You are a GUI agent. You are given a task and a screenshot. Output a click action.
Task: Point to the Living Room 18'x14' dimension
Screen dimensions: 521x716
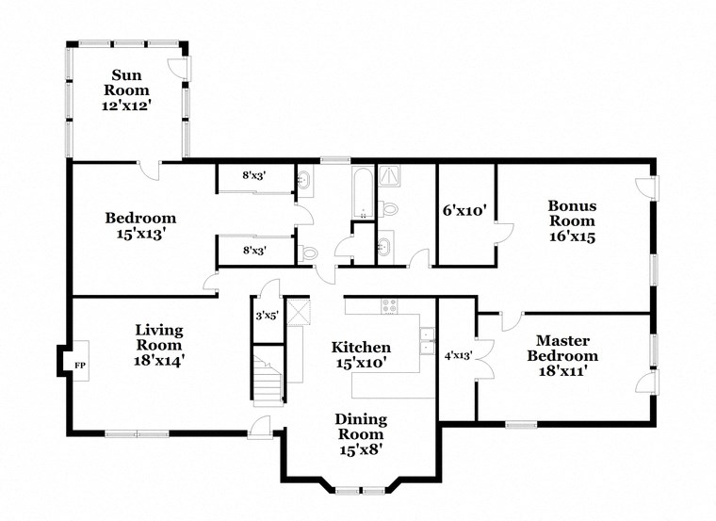pyautogui.click(x=158, y=359)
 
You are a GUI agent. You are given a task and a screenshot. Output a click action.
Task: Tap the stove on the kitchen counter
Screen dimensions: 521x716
pyautogui.click(x=388, y=305)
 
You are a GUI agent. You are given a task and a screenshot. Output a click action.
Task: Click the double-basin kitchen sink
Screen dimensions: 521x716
pyautogui.click(x=427, y=338)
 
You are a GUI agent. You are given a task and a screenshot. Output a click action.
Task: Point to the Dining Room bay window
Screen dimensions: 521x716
pyautogui.click(x=361, y=490)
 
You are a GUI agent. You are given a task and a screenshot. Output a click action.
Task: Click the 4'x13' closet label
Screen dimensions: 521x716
pyautogui.click(x=458, y=355)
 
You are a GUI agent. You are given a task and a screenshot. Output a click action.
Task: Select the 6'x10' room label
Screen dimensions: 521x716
pyautogui.click(x=464, y=211)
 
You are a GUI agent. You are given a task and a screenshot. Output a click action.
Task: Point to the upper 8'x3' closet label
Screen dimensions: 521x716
pyautogui.click(x=253, y=175)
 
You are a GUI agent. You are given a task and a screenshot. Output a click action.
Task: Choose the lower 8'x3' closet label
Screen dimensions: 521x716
pyautogui.click(x=253, y=251)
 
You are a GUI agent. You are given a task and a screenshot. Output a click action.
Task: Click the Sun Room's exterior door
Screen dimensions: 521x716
pyautogui.click(x=177, y=68)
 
